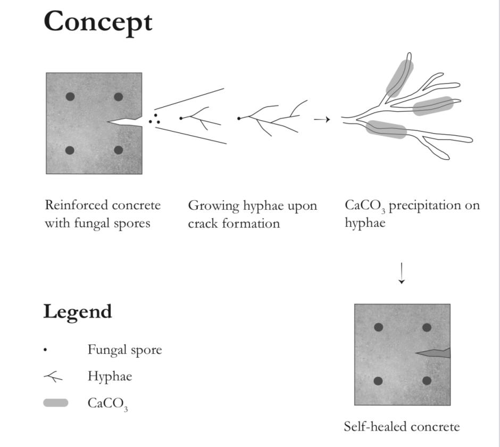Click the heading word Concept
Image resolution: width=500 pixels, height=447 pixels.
click(x=98, y=22)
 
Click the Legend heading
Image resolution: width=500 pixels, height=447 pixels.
click(x=78, y=312)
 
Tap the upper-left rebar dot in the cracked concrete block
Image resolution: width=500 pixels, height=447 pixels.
click(x=70, y=96)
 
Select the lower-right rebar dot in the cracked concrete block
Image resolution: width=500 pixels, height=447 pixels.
click(x=118, y=150)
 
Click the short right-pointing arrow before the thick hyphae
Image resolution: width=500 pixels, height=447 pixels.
click(x=322, y=120)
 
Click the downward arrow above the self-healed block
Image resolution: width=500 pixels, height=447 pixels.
click(x=402, y=273)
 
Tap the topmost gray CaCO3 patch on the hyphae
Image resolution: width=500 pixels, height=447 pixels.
click(x=400, y=78)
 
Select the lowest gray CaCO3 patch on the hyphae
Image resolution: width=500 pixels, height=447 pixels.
click(x=386, y=129)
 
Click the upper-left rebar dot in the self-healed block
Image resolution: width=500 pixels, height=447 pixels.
click(x=379, y=327)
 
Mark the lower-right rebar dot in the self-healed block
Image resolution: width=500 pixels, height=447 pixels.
click(x=427, y=380)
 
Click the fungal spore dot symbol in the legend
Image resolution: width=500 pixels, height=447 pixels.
click(x=45, y=350)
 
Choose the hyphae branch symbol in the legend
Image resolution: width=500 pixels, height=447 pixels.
click(x=53, y=376)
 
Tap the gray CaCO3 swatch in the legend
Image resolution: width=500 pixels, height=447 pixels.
click(x=56, y=403)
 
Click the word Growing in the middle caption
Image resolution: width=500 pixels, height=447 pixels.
click(x=214, y=206)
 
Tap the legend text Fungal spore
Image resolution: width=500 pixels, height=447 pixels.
click(x=124, y=350)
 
